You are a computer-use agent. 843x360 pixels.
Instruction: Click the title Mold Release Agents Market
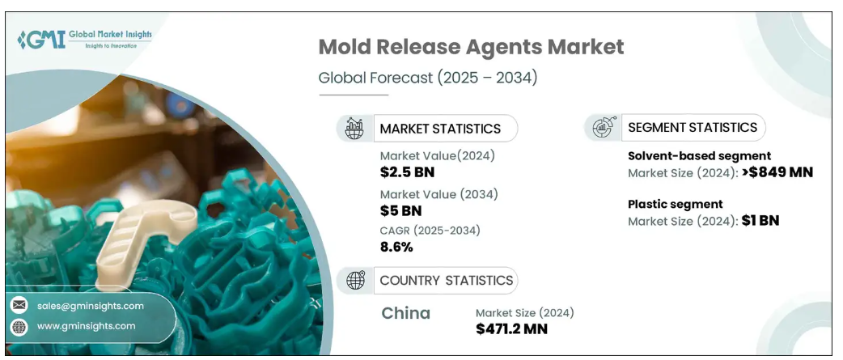coord(471,47)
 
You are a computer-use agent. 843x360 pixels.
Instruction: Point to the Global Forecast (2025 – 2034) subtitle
coord(427,78)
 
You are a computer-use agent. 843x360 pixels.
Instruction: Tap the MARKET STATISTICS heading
coord(440,129)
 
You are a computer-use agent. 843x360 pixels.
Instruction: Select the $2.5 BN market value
coord(408,172)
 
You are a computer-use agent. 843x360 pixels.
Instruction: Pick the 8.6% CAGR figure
coord(396,248)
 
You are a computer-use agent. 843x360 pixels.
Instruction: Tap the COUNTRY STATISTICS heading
coord(446,281)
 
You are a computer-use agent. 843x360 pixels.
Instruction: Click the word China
coord(405,313)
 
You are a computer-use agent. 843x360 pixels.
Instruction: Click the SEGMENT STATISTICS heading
coord(693,127)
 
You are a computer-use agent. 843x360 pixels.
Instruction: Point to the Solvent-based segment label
coord(699,155)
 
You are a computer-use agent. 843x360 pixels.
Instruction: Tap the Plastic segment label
coord(675,204)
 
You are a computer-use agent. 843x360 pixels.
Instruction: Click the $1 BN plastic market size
coord(760,220)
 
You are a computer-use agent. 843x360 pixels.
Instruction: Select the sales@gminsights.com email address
coord(91,306)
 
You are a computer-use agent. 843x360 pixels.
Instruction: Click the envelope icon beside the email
coord(19,305)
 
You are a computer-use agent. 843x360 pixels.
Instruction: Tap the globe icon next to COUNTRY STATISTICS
coord(354,281)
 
